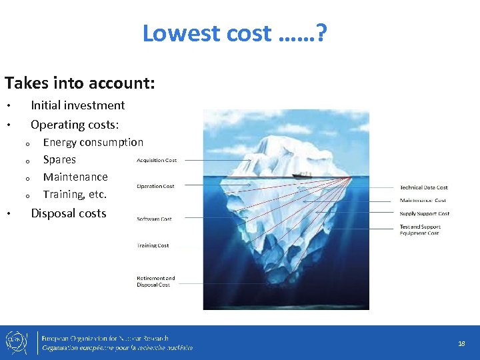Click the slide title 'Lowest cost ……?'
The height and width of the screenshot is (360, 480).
234,33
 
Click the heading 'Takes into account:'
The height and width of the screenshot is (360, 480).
80,83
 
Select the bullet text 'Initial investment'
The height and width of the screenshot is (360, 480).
78,105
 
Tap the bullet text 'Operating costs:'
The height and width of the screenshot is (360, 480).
75,125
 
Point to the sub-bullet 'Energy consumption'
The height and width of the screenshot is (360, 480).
93,142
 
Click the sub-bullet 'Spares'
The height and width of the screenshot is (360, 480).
59,159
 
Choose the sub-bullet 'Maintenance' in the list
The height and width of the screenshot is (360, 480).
75,177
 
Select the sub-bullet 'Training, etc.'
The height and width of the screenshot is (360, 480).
75,195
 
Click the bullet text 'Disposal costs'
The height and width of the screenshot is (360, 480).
69,213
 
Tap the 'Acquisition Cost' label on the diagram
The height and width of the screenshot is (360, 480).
157,161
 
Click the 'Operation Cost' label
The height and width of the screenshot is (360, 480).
155,187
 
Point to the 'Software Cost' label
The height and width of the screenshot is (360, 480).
154,219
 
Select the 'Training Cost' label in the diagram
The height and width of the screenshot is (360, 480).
153,245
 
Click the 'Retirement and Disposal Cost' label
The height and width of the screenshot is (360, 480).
155,281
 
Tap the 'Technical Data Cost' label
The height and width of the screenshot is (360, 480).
423,187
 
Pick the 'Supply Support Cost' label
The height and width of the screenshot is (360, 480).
424,214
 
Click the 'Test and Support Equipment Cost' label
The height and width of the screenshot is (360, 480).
420,230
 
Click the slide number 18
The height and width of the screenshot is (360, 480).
461,343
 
